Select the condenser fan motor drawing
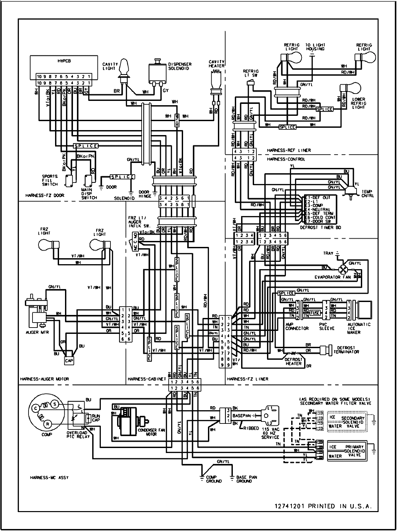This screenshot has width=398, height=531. click(x=128, y=422)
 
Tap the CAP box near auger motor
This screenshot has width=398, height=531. click(x=69, y=360)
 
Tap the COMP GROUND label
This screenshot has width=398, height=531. click(x=214, y=479)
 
